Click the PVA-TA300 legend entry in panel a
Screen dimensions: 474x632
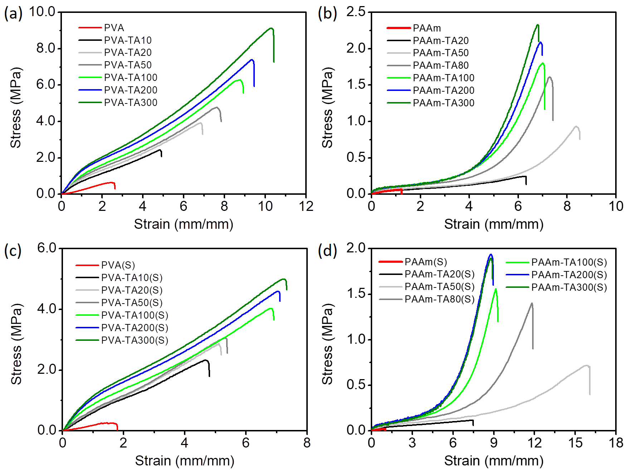click(131, 103)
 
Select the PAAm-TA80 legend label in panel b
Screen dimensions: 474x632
click(441, 66)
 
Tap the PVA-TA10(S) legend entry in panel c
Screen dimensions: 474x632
click(132, 278)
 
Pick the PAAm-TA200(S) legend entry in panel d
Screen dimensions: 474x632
click(569, 275)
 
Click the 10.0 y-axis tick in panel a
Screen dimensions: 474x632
click(42, 11)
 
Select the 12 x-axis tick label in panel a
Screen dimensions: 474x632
click(306, 207)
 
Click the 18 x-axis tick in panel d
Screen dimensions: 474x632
click(616, 443)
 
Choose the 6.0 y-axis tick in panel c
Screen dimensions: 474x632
click(47, 248)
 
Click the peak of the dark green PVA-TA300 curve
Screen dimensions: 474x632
click(271, 28)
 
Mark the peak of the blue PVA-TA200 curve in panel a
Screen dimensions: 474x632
click(252, 60)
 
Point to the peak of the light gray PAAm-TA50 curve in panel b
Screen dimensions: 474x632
click(576, 126)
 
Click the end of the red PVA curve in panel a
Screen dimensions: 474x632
click(115, 188)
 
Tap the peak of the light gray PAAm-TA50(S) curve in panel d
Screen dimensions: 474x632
click(586, 366)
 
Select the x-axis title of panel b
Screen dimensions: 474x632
click(494, 224)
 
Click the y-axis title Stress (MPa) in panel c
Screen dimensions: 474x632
click(16, 344)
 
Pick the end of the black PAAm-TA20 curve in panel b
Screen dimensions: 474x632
click(526, 184)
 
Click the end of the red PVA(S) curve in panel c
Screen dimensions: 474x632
click(117, 429)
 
